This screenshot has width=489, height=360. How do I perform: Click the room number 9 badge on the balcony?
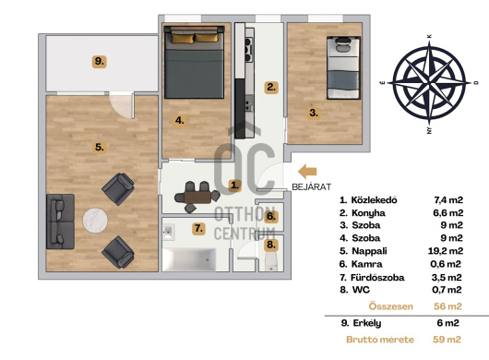pyautogui.click(x=99, y=62)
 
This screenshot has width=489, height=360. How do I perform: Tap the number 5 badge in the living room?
pyautogui.click(x=99, y=147)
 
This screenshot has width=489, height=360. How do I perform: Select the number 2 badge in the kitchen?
pyautogui.click(x=271, y=87)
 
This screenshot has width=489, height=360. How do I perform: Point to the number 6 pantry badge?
pyautogui.click(x=271, y=216)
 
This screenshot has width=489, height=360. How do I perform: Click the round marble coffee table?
pyautogui.click(x=95, y=221)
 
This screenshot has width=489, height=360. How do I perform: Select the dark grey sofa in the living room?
pyautogui.click(x=60, y=222)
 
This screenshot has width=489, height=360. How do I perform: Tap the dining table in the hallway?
pyautogui.click(x=197, y=198)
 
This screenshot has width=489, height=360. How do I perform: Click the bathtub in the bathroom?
pyautogui.click(x=189, y=259)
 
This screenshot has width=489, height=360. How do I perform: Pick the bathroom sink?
pyautogui.click(x=169, y=232)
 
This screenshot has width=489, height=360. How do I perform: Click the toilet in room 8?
pyautogui.click(x=271, y=261)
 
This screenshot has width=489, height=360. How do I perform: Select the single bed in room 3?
pyautogui.click(x=343, y=67)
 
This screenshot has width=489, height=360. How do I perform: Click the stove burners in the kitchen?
pyautogui.click(x=248, y=49)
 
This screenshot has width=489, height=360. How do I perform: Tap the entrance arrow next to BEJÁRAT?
pyautogui.click(x=307, y=172)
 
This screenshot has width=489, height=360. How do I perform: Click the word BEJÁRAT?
pyautogui.click(x=311, y=186)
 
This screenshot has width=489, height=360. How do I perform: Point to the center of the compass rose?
pyautogui.click(x=429, y=83)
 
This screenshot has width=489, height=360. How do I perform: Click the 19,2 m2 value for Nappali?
pyautogui.click(x=446, y=251)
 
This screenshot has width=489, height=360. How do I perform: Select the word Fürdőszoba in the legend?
pyautogui.click(x=377, y=277)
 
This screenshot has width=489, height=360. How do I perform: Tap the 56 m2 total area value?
pyautogui.click(x=447, y=306)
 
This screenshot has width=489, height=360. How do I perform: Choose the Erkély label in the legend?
pyautogui.click(x=367, y=323)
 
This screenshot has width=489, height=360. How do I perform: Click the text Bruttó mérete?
pyautogui.click(x=380, y=340)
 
